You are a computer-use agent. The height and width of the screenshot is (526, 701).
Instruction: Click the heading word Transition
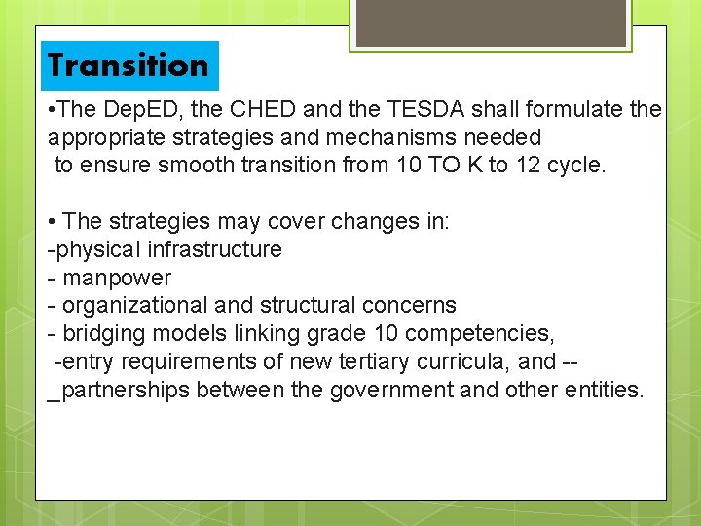pos(128,65)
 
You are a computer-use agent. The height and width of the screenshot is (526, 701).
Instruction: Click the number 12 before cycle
pos(528,166)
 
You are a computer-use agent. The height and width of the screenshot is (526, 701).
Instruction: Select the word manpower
pos(117,278)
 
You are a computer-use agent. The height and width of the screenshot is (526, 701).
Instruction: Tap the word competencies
pos(479,334)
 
